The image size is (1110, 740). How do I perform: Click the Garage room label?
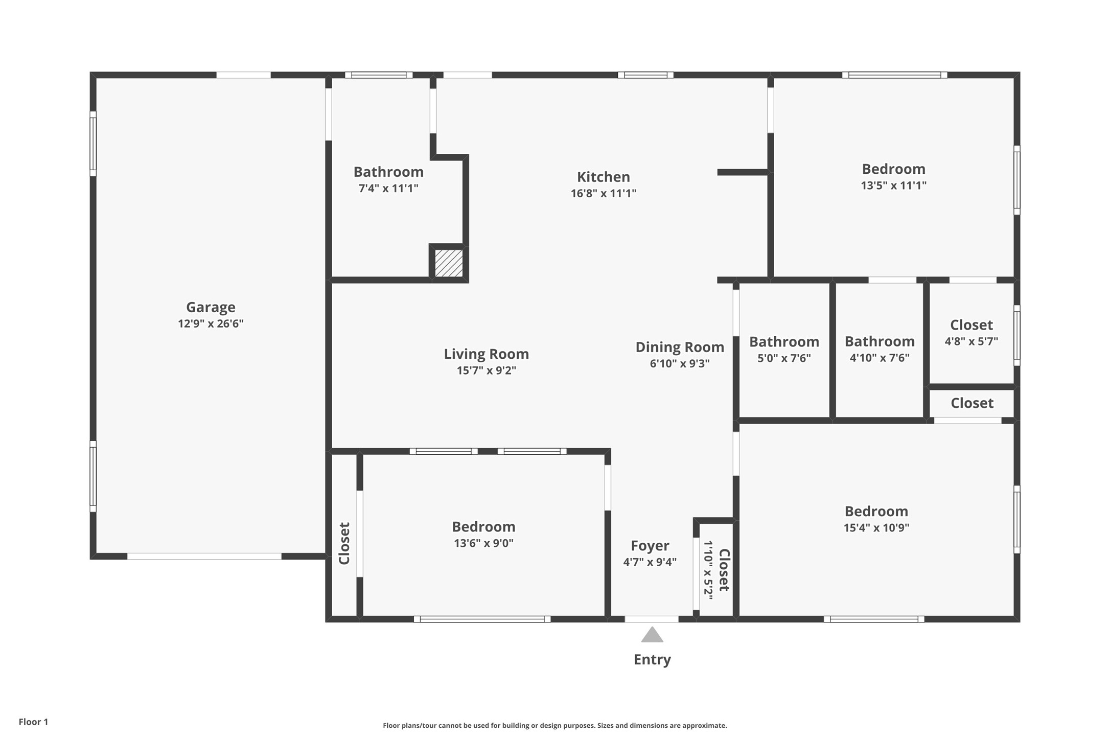click(x=211, y=307)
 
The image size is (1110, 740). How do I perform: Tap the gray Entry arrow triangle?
click(x=652, y=635)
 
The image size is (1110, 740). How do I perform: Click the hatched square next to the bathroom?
click(x=449, y=263)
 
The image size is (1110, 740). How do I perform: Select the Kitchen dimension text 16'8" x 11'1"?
click(x=603, y=193)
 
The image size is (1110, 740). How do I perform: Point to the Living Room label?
click(x=486, y=354)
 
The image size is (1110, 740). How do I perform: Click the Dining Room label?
click(x=679, y=348)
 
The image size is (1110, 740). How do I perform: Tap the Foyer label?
click(x=650, y=546)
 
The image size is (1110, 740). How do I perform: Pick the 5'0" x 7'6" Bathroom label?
click(x=784, y=342)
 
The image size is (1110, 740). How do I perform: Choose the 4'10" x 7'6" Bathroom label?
click(x=879, y=341)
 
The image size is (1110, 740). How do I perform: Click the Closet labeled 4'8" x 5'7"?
click(x=971, y=325)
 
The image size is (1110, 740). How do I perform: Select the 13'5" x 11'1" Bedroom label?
click(x=893, y=169)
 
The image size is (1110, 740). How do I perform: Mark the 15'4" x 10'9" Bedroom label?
click(x=876, y=512)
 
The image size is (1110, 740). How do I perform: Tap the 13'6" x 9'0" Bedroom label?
click(x=483, y=527)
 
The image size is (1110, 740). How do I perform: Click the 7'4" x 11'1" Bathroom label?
click(x=388, y=172)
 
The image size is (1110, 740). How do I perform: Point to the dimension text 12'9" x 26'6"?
click(x=211, y=323)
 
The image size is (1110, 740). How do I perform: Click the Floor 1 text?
click(x=33, y=722)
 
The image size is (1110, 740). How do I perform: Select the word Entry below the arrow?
click(x=652, y=660)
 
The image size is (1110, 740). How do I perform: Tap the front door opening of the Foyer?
click(x=652, y=619)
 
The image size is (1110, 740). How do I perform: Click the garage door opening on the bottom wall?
click(x=204, y=556)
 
